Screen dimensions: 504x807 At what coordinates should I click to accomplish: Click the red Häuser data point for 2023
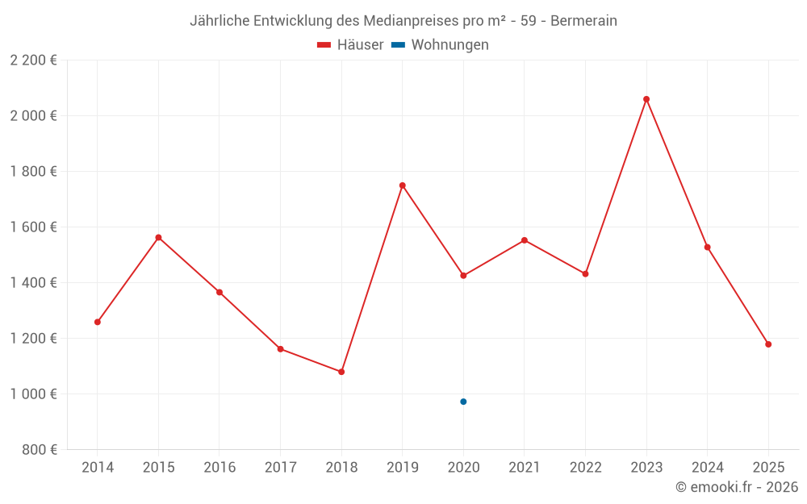646,99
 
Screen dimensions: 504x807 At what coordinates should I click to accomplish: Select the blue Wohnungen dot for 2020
463,402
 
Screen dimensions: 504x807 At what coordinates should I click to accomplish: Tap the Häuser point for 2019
403,185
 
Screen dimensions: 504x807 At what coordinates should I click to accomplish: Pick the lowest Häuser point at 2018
341,372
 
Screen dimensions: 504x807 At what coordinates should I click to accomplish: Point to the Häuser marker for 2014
98,322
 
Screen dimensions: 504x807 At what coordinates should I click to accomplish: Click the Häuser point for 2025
768,344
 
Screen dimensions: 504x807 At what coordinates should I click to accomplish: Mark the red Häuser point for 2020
463,276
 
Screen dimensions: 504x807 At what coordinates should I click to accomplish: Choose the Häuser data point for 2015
158,237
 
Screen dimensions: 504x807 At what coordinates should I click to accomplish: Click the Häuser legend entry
350,45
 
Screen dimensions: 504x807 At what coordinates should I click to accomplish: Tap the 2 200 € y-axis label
33,60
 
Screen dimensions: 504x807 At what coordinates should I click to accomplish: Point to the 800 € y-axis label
40,450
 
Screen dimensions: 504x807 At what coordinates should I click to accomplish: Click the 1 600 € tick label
33,227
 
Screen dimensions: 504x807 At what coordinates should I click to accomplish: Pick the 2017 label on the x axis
280,468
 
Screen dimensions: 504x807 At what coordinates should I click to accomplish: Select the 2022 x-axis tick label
585,468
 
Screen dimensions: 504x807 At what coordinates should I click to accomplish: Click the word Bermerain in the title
583,21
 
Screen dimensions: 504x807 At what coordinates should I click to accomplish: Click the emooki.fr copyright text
737,487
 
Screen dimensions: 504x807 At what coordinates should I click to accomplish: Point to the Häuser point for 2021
525,240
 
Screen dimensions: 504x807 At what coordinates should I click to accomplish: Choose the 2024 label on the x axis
707,468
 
